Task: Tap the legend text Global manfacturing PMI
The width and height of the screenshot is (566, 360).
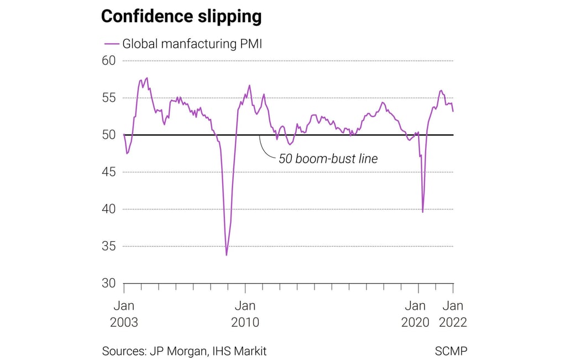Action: (192, 44)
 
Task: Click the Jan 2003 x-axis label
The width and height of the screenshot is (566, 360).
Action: (124, 314)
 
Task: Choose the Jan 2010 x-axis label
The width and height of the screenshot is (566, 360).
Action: (245, 314)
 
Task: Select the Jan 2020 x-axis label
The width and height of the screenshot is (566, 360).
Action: (416, 314)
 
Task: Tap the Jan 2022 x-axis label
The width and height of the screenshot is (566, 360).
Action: (453, 314)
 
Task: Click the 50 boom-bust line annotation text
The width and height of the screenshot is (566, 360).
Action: (328, 159)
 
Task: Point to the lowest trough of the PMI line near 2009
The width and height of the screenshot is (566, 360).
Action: (227, 255)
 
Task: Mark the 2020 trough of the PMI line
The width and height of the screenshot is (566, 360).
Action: (423, 212)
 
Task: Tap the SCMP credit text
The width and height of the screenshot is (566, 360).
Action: (451, 351)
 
